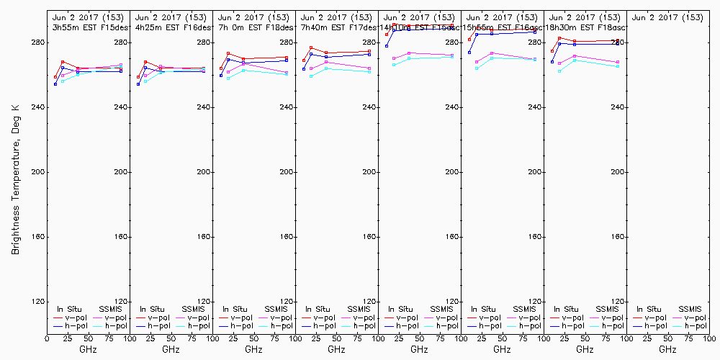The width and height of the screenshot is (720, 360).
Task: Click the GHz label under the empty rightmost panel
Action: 667,349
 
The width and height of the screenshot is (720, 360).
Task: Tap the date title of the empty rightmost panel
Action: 667,17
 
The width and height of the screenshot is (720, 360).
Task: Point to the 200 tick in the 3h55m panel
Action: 121,172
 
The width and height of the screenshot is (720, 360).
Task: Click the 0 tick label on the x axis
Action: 47,337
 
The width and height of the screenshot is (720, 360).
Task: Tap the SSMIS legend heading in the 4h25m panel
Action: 193,309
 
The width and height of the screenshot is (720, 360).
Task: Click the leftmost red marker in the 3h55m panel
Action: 55,77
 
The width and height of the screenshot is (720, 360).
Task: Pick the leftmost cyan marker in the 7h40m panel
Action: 311,76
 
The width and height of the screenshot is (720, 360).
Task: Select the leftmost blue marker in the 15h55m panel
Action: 469,53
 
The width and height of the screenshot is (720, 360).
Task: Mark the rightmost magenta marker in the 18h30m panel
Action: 618,62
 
